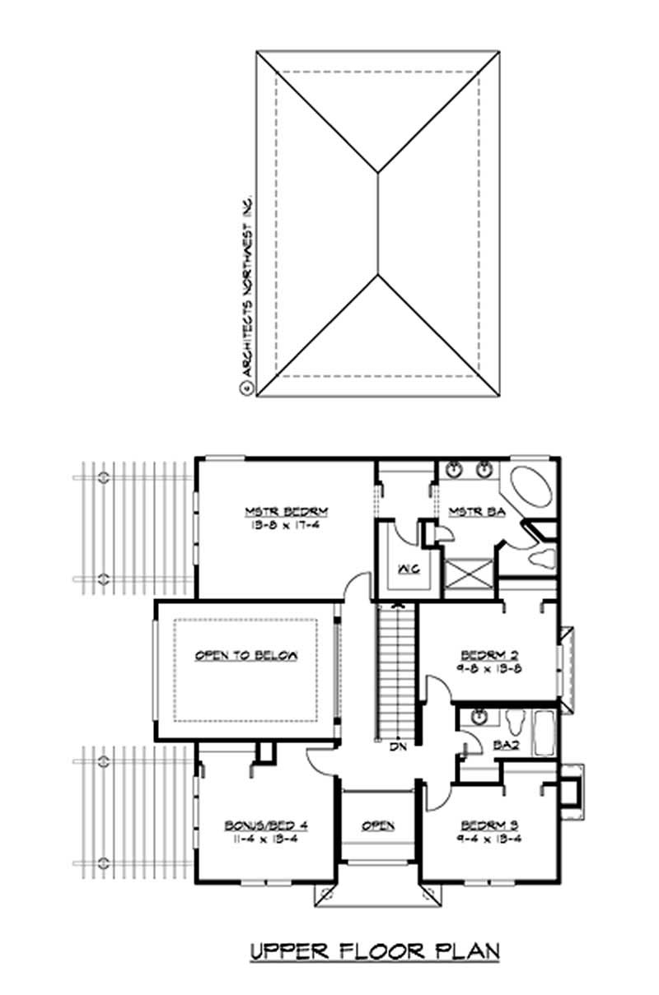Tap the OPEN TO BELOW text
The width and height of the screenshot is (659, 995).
(245, 656)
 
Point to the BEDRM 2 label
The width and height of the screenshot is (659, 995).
(488, 655)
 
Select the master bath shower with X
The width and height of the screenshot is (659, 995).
(470, 575)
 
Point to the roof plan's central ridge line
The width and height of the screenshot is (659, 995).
(378, 222)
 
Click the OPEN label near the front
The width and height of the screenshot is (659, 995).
(378, 825)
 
